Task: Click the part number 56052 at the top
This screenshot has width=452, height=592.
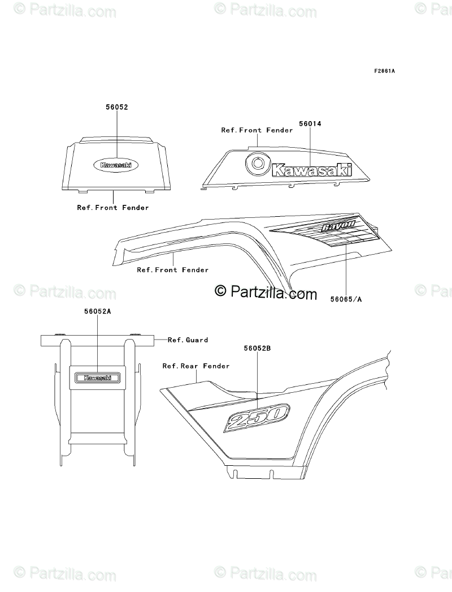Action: [117, 106]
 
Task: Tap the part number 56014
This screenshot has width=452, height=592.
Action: [310, 123]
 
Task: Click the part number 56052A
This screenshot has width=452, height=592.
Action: [97, 311]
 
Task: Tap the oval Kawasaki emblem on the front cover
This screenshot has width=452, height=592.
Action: [116, 165]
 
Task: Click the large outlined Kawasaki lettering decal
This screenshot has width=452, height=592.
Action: [311, 169]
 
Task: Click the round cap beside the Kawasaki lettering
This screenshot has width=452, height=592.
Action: [258, 165]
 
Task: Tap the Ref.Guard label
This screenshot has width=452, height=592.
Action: [188, 340]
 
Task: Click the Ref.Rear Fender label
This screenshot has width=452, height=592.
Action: [195, 366]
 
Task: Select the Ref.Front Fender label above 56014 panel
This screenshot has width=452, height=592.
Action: [257, 130]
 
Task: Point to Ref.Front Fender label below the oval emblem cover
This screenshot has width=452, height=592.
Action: [113, 208]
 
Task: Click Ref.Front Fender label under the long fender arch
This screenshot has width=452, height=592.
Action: [172, 270]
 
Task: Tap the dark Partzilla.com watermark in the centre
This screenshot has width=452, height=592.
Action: [266, 292]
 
